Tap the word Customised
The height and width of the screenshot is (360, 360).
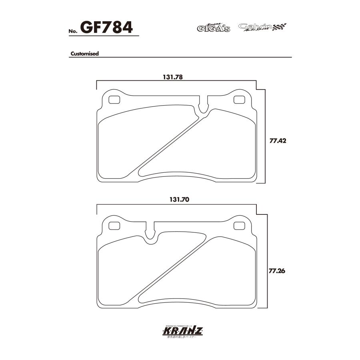point(85,53)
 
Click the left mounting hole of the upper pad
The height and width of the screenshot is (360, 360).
point(114,100)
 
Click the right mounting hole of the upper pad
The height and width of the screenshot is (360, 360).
point(239,100)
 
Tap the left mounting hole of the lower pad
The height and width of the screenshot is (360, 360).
point(114,226)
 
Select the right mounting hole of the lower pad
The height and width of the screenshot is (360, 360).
point(239,226)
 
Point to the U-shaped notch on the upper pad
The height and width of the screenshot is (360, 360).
point(204,106)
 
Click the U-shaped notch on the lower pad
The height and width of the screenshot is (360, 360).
point(151,235)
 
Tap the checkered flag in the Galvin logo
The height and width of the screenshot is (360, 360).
point(280,27)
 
